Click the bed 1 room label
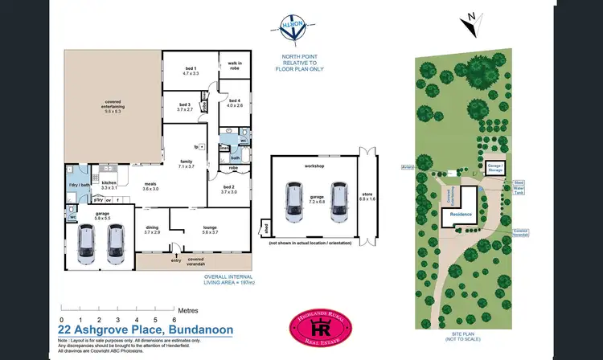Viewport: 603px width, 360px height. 190,71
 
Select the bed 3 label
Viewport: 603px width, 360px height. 185,107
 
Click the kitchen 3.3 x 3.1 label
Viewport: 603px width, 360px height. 109,186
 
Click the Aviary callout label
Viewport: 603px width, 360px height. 407,167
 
